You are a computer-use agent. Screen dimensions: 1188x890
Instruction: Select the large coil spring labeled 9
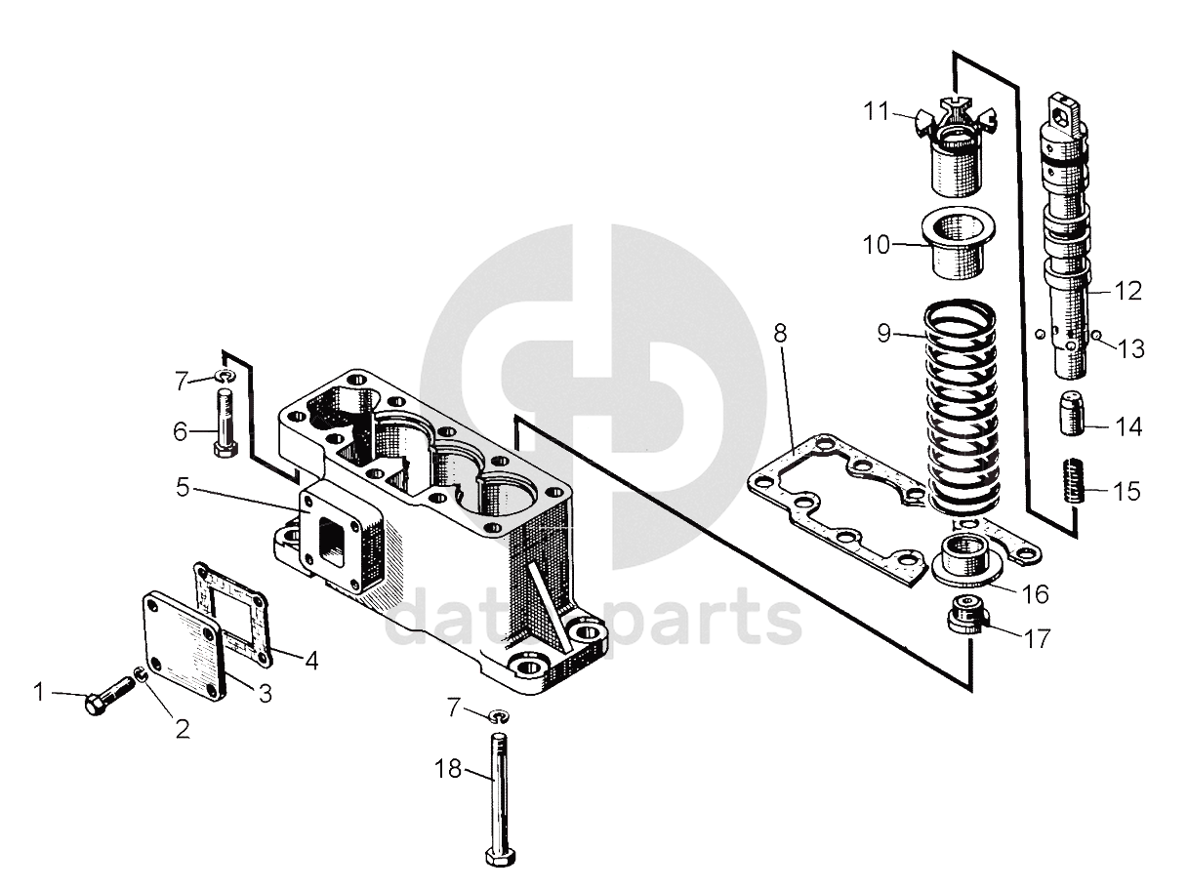tap(962, 410)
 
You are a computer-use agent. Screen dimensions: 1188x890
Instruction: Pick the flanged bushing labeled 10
tap(956, 249)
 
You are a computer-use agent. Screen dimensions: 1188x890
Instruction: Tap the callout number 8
tap(780, 333)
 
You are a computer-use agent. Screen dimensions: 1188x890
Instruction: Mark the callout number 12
tap(1127, 291)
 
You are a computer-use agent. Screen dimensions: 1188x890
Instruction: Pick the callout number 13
tap(1131, 349)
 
